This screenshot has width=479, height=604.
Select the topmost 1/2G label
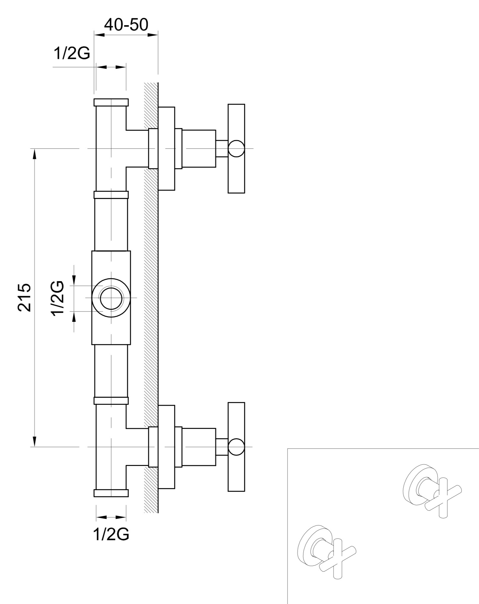click(72, 53)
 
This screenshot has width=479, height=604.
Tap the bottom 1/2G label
click(111, 534)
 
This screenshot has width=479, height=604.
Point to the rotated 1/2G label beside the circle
click(58, 298)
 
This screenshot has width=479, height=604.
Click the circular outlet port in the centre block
click(111, 298)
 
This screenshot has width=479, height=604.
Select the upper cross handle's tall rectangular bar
click(236, 148)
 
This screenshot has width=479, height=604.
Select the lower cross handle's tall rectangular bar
click(236, 447)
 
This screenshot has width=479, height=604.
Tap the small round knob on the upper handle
click(236, 148)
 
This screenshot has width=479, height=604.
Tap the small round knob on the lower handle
click(236, 447)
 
